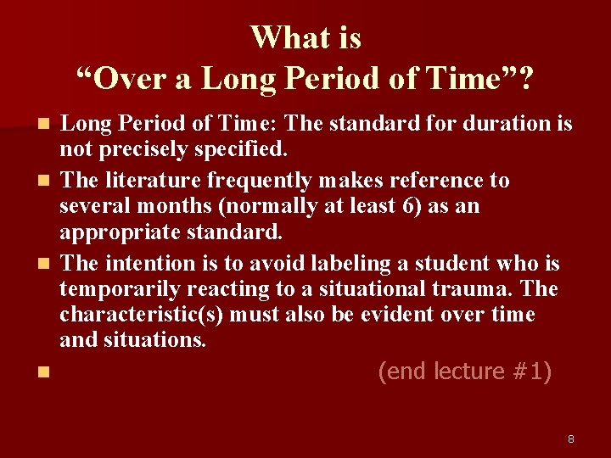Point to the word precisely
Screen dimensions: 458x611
[x=143, y=150]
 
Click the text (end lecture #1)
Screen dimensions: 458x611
[x=464, y=371]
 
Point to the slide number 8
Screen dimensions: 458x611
[x=571, y=438]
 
